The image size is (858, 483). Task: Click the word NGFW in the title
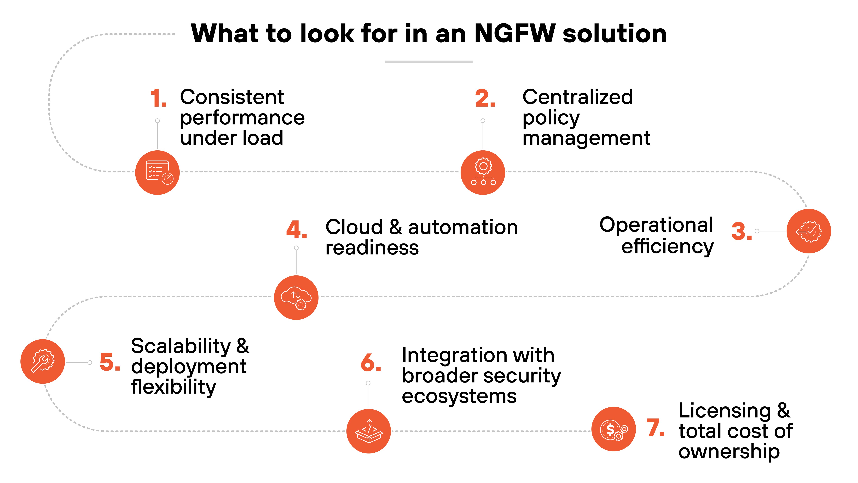coord(515,34)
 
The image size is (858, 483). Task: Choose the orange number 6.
coord(370,363)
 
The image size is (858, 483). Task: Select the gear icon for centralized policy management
coord(483,172)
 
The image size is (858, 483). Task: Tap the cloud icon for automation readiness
coord(296,297)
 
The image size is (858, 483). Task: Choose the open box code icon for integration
coord(369,431)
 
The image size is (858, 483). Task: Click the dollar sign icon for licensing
coord(613,429)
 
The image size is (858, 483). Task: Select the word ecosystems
coord(459,396)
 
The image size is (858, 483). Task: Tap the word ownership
coord(729,452)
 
